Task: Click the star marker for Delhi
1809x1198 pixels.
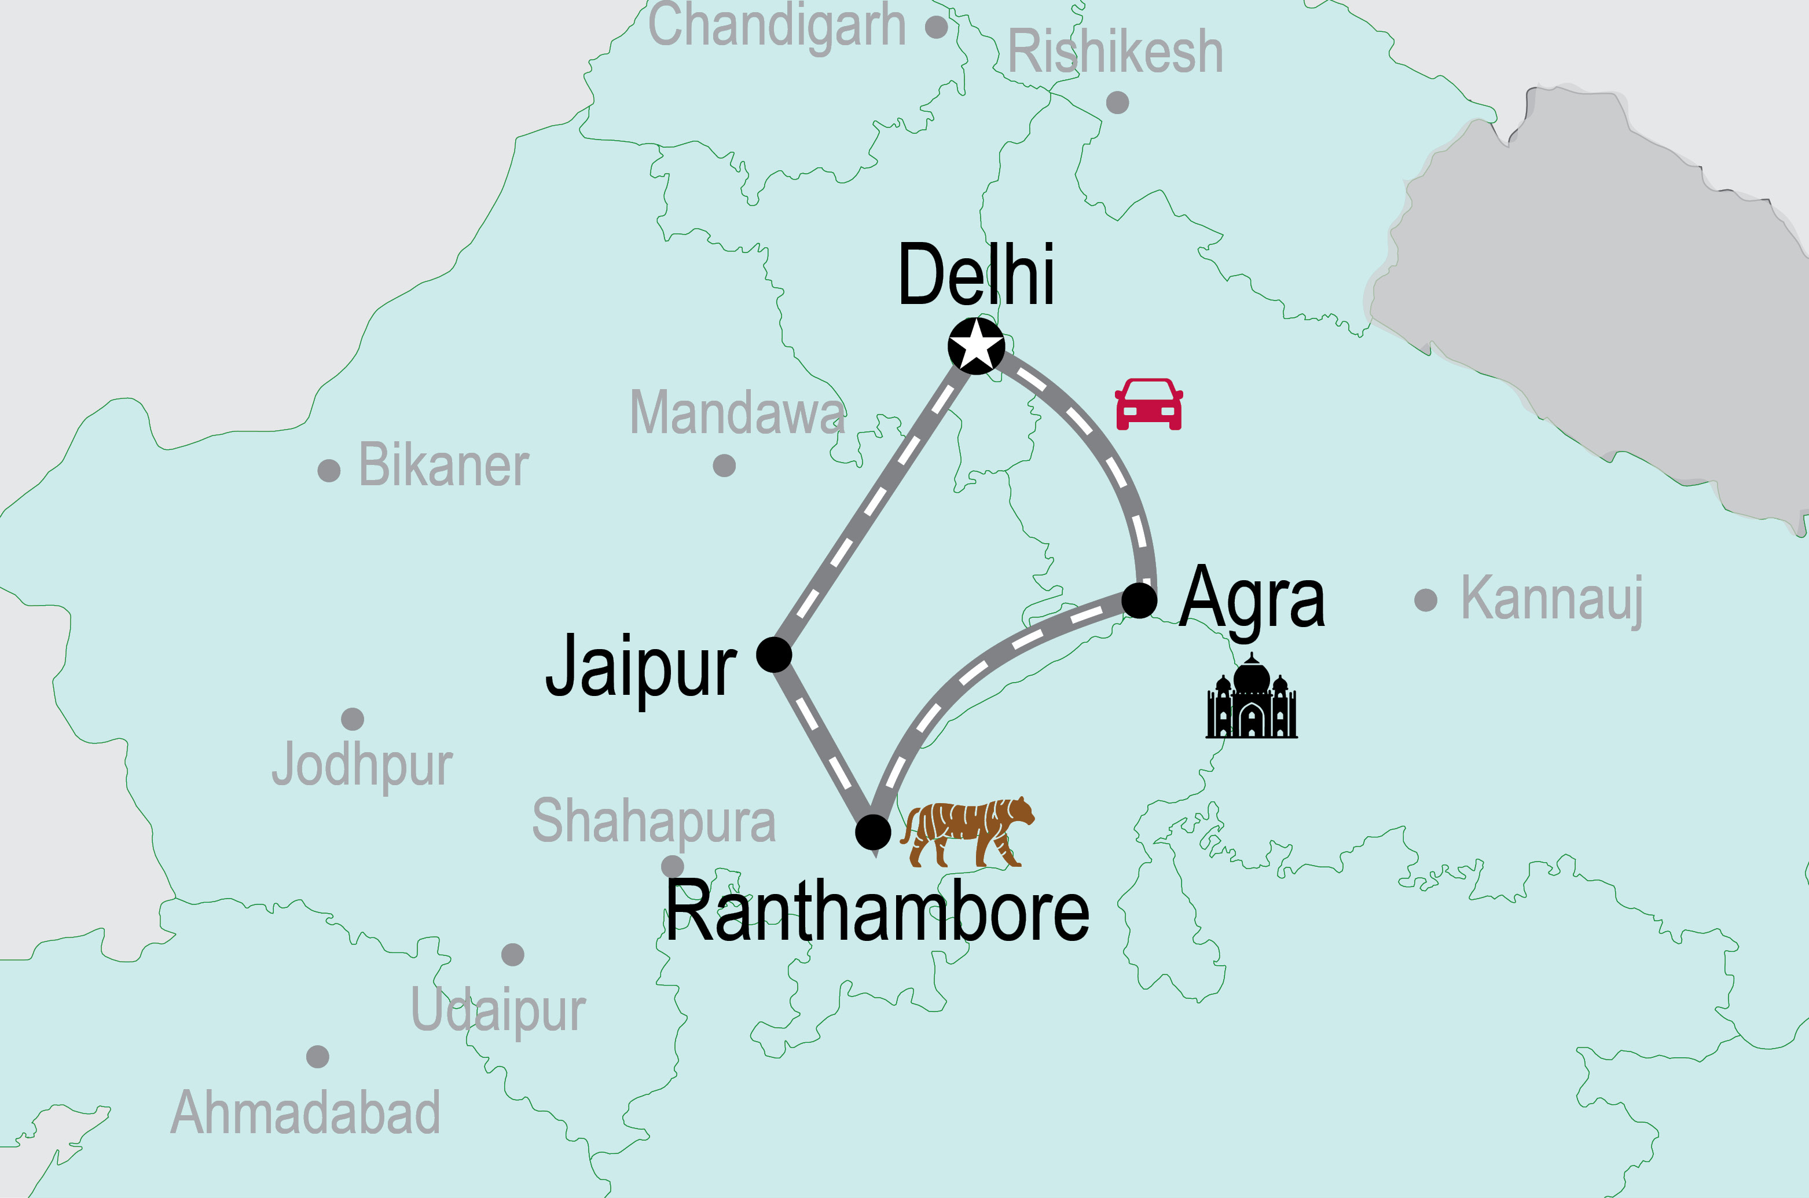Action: [x=976, y=346]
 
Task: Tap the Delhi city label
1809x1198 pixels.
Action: [x=976, y=275]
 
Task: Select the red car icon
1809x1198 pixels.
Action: [x=1148, y=404]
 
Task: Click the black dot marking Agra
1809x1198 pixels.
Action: [x=1139, y=600]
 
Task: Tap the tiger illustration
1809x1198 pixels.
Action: [x=967, y=832]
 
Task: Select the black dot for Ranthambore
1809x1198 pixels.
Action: [x=873, y=832]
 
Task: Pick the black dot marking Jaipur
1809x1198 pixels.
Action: [x=773, y=655]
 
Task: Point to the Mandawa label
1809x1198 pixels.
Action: [x=737, y=413]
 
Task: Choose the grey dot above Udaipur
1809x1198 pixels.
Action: [x=512, y=954]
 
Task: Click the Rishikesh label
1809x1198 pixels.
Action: [x=1115, y=52]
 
